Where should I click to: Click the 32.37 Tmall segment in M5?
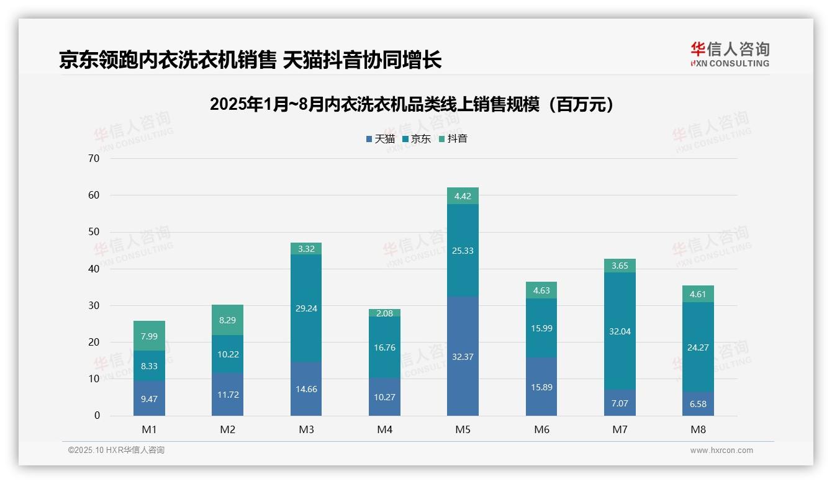point(463,356)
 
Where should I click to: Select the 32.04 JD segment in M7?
point(620,331)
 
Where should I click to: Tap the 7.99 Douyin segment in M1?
point(149,336)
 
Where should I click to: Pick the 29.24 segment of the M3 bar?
point(306,308)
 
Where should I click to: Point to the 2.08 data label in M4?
point(384,313)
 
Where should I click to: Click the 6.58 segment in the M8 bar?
point(698,404)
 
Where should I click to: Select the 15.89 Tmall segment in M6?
point(541,387)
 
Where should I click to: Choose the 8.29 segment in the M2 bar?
point(227,321)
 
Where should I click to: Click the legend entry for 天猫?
point(380,139)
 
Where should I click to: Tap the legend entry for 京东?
point(416,139)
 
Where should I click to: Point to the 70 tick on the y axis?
point(94,158)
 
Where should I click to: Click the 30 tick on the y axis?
point(94,305)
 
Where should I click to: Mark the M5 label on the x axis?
point(463,430)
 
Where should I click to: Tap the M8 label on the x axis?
point(698,430)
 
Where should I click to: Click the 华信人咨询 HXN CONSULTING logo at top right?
point(730,55)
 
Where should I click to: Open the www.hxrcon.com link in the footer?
point(721,450)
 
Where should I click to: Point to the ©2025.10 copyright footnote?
point(116,450)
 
